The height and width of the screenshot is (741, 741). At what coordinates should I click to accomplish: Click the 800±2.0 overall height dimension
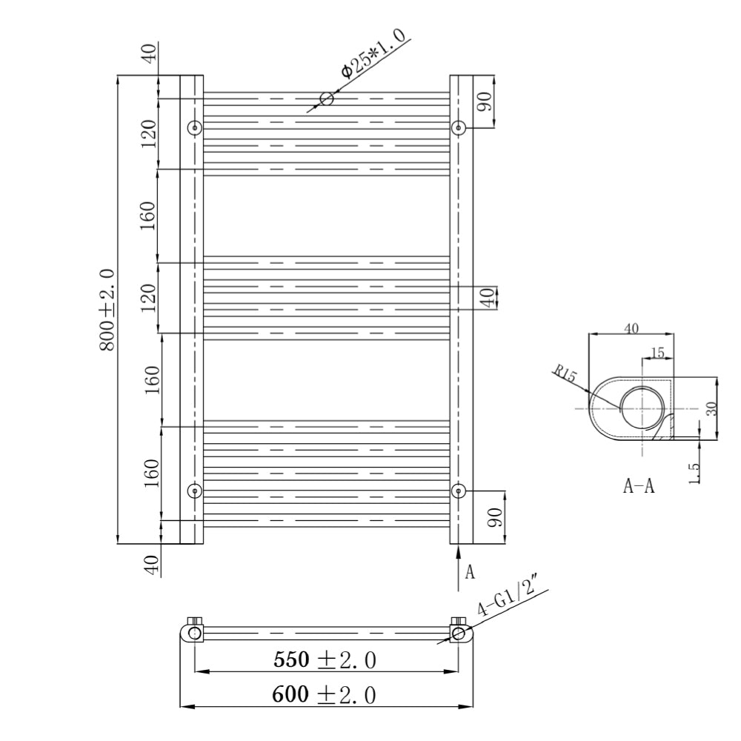(107, 310)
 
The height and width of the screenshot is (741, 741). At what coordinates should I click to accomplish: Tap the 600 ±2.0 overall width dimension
(324, 694)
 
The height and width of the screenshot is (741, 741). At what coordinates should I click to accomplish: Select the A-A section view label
(639, 486)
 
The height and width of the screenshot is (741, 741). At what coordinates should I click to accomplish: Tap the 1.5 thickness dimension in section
(695, 474)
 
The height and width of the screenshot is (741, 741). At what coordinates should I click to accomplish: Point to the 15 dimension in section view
(657, 353)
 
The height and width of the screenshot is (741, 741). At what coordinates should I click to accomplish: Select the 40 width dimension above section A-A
(631, 328)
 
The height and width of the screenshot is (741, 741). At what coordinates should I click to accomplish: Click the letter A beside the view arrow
(469, 572)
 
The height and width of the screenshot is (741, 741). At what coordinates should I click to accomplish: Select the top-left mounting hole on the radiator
(195, 127)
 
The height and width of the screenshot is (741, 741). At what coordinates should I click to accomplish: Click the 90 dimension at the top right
(486, 102)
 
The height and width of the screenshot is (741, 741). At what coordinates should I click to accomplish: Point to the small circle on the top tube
(326, 99)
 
